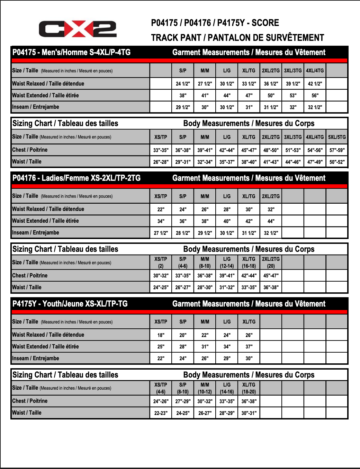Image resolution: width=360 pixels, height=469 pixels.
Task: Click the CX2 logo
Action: pyautogui.click(x=78, y=29)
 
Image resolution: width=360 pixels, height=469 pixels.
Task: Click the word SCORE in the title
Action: pyautogui.click(x=265, y=23)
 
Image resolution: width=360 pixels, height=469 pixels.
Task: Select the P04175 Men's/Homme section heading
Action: pyautogui.click(x=71, y=52)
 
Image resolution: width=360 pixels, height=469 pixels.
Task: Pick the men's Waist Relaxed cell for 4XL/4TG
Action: pyautogui.click(x=315, y=83)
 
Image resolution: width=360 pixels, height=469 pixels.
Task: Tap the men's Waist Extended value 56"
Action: pyautogui.click(x=315, y=95)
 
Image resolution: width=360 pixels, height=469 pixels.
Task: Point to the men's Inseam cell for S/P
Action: pyautogui.click(x=183, y=107)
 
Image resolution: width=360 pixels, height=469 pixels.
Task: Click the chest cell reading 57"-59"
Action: pyautogui.click(x=337, y=150)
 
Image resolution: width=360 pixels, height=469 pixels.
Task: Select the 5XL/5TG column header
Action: pyautogui.click(x=337, y=137)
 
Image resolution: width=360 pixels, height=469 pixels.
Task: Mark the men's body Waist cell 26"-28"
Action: pyautogui.click(x=161, y=162)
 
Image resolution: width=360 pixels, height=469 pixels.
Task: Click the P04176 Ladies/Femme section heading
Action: pyautogui.click(x=76, y=178)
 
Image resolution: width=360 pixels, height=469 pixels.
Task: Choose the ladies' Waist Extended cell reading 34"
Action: pyautogui.click(x=161, y=221)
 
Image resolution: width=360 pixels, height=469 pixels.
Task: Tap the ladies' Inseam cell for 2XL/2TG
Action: pyautogui.click(x=271, y=233)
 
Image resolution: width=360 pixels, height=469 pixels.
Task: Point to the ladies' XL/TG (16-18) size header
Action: pyautogui.click(x=249, y=263)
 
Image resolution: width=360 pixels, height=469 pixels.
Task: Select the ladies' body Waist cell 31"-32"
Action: pyautogui.click(x=227, y=287)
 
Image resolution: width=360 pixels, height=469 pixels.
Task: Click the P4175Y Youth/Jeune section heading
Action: pyautogui.click(x=70, y=304)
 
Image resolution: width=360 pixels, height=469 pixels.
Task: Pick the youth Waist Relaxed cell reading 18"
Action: pyautogui.click(x=161, y=335)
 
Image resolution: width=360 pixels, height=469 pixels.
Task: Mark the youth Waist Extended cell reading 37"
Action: pyautogui.click(x=249, y=347)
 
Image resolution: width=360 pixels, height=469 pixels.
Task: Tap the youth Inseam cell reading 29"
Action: pyautogui.click(x=227, y=359)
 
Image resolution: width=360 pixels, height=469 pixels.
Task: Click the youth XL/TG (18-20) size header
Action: pyautogui.click(x=249, y=388)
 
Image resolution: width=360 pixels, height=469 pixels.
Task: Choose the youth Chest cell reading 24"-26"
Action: pyautogui.click(x=161, y=401)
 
